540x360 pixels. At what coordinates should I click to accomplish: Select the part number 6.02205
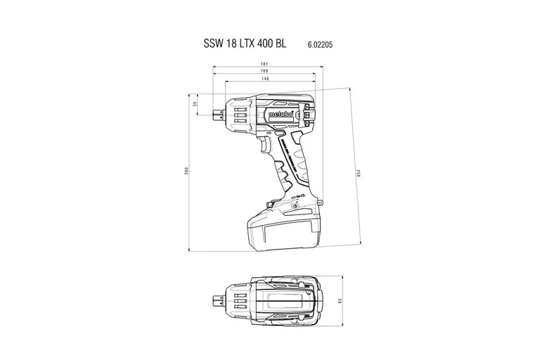tap(320, 44)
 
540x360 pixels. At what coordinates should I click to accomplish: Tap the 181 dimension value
tap(264, 65)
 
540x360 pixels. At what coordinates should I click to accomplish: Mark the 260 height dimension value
tap(186, 171)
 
